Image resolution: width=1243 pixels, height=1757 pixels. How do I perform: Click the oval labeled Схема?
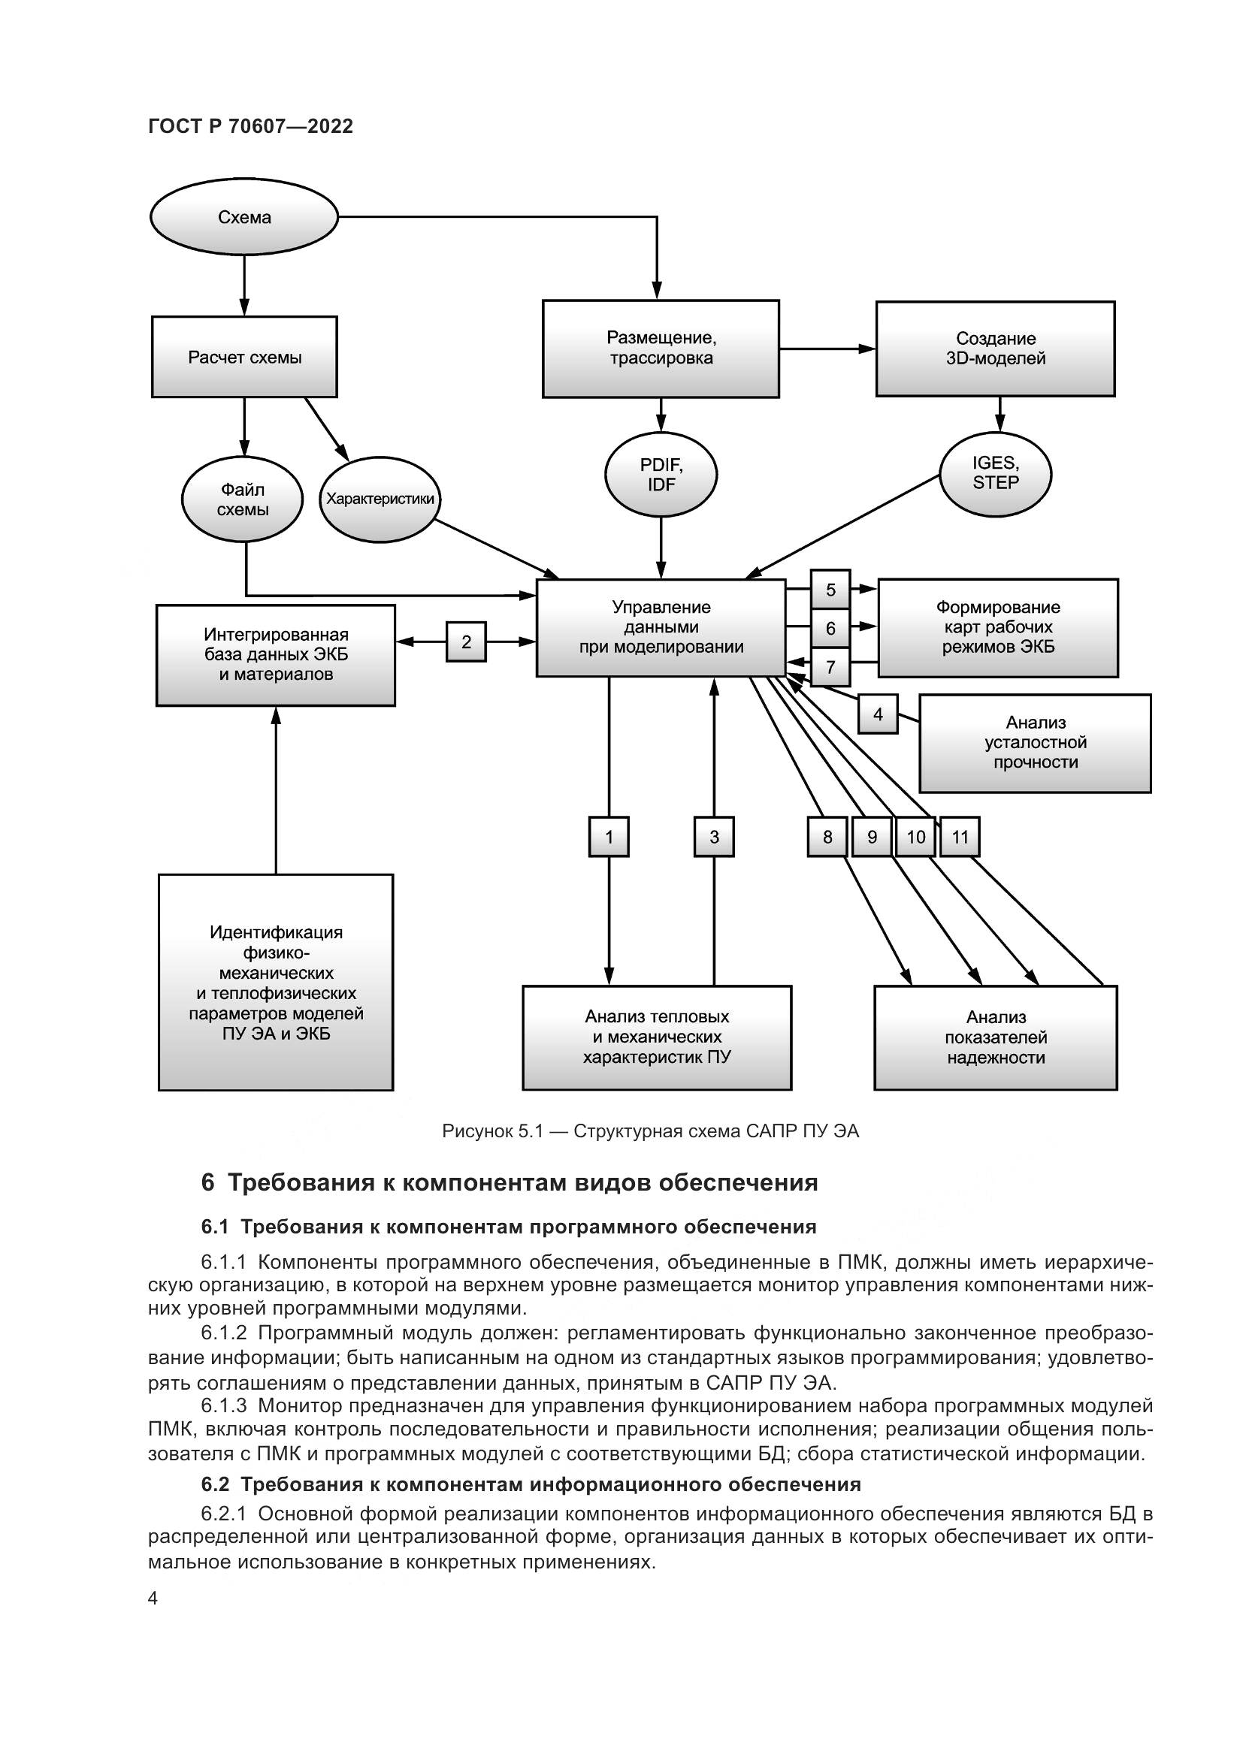tap(243, 217)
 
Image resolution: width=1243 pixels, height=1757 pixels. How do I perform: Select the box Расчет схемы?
tap(244, 358)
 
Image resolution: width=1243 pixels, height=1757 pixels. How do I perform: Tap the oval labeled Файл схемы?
tap(242, 499)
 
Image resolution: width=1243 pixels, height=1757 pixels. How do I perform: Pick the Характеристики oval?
tap(380, 499)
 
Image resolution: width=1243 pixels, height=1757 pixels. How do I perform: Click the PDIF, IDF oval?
tap(661, 475)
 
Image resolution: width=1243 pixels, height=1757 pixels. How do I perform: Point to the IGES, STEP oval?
tap(995, 473)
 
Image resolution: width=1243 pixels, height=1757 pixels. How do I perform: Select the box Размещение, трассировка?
tap(661, 349)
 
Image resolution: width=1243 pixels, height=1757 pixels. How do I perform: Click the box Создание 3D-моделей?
tap(995, 349)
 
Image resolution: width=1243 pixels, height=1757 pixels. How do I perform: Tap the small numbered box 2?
tap(466, 642)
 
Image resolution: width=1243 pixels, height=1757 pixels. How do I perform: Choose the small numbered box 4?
tap(877, 714)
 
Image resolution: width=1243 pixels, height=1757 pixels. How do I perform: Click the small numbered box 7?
tap(830, 668)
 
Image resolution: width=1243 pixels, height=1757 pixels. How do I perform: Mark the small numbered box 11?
tap(959, 836)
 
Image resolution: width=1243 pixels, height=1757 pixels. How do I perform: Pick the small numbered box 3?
tap(713, 836)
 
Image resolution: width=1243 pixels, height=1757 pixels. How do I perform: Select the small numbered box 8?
tap(827, 836)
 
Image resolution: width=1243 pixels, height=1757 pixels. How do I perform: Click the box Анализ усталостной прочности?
tap(1035, 742)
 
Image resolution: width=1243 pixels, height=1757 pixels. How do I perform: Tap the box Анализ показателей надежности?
tap(995, 1037)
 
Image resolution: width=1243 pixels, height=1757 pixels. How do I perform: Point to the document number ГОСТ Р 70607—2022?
tap(250, 127)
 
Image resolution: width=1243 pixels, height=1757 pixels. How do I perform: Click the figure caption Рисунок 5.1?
tap(651, 1131)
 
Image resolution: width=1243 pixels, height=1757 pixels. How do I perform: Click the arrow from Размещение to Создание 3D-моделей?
tap(827, 349)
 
